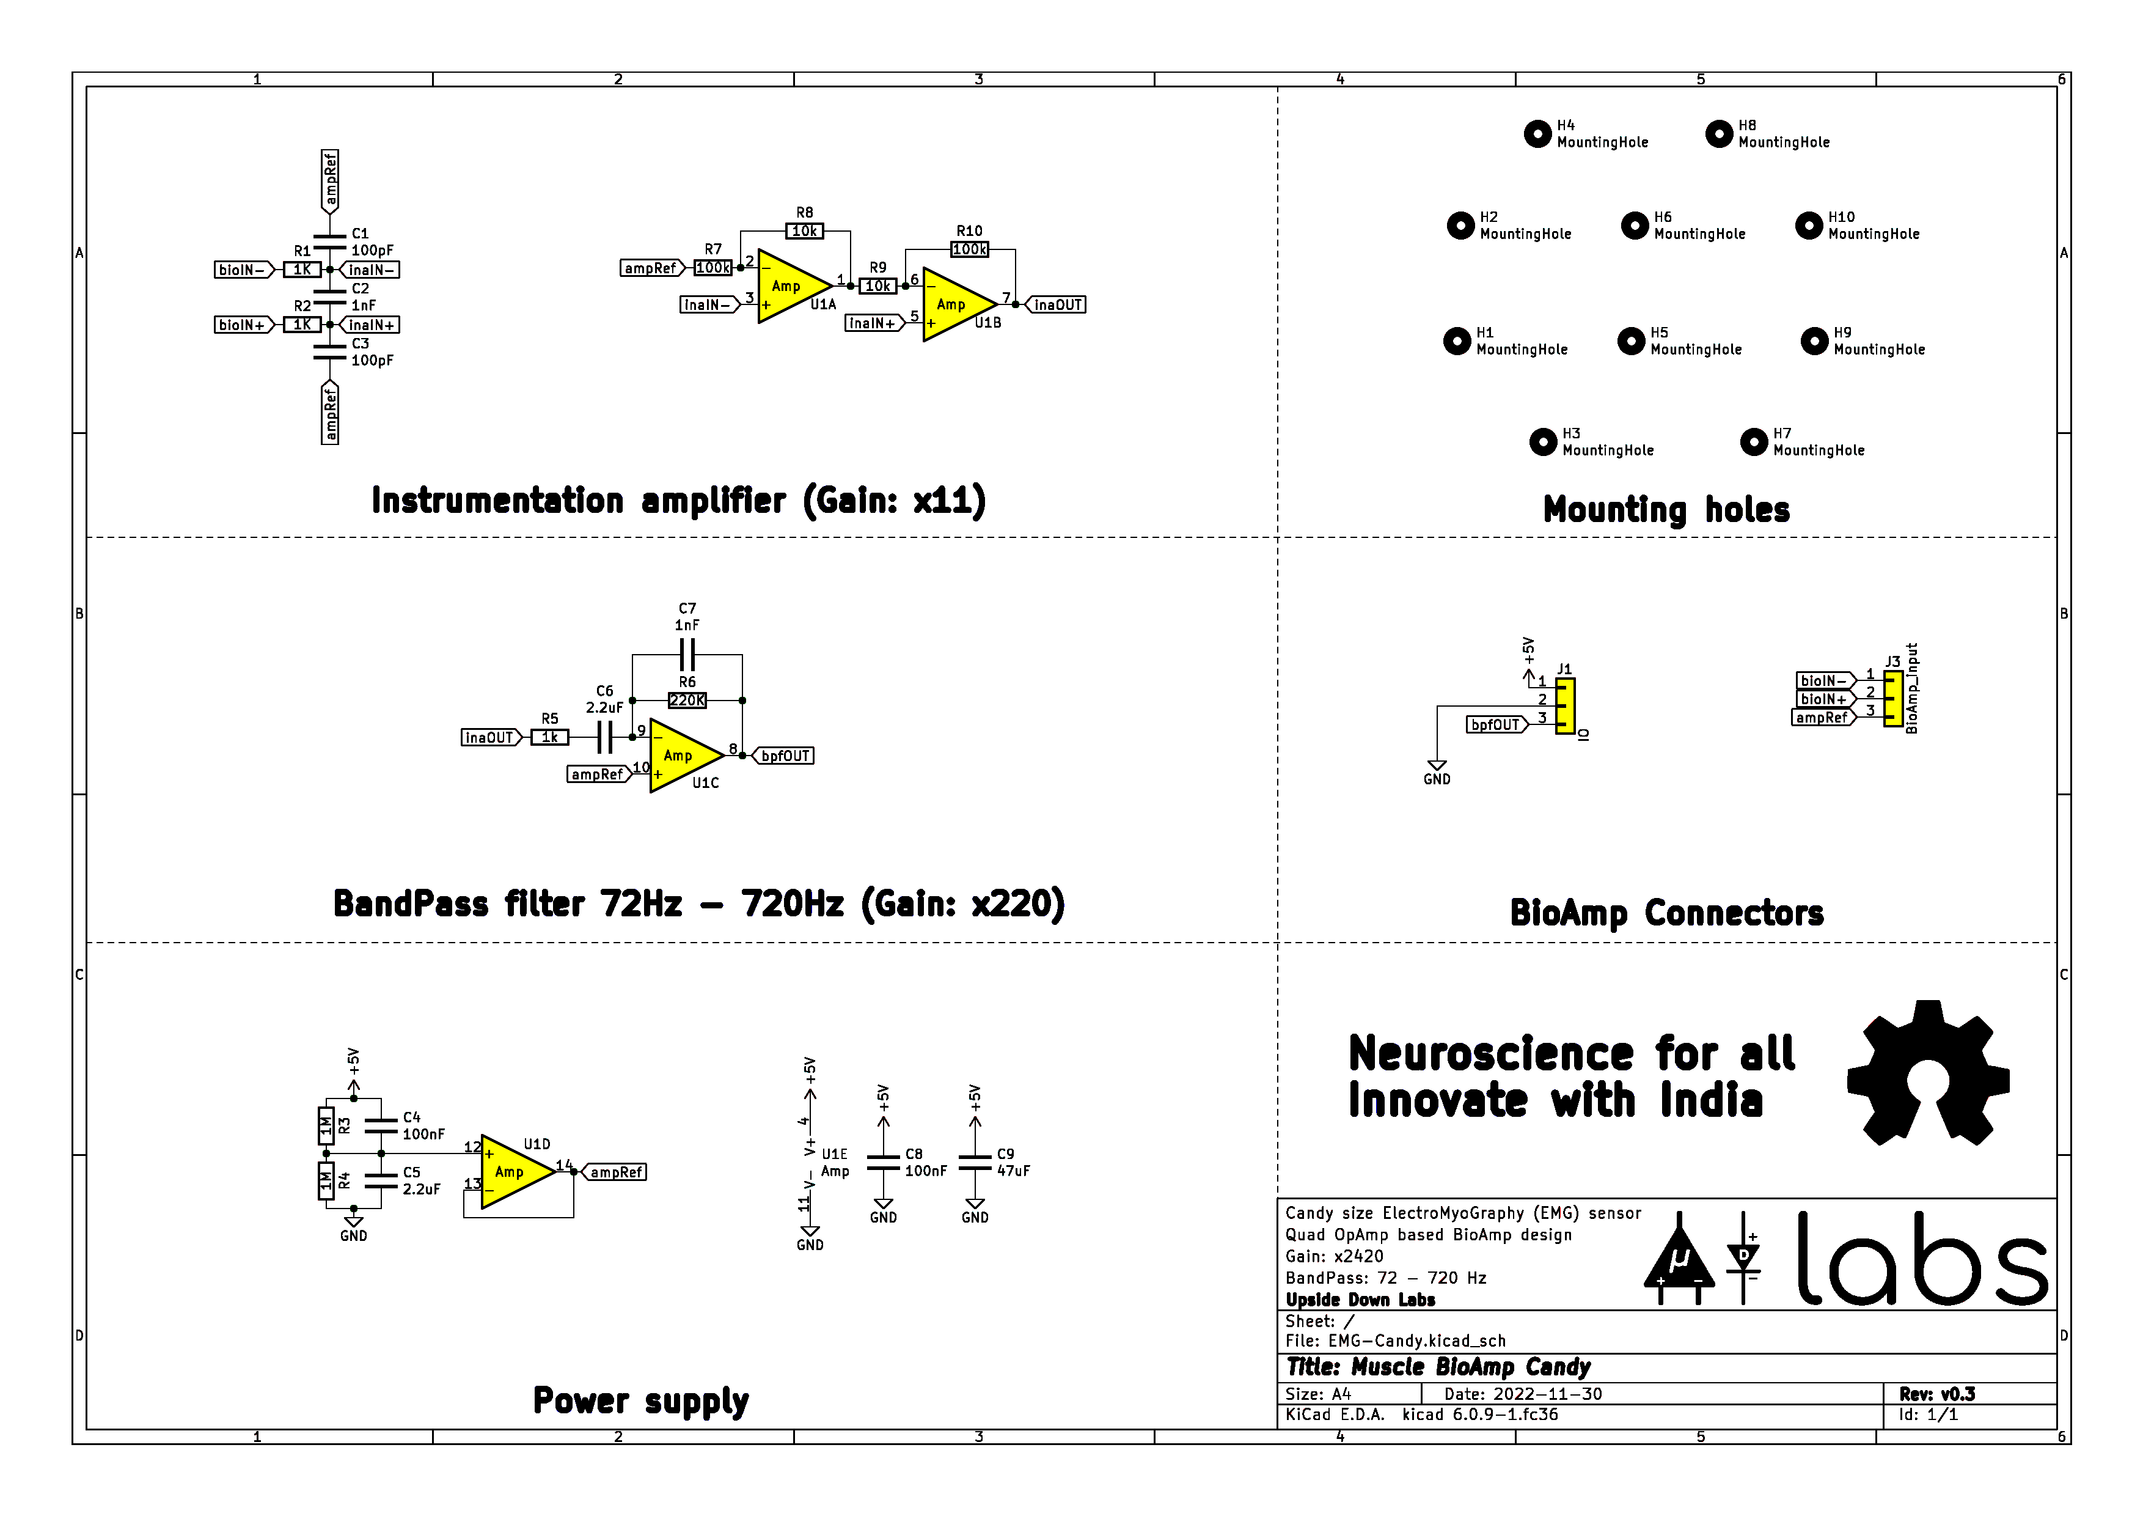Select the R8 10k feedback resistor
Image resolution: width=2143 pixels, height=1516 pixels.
[805, 230]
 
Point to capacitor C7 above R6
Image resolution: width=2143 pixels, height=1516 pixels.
[687, 653]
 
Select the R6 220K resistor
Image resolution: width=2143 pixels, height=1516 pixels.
[687, 700]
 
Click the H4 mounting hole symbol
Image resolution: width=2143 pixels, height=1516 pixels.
[1537, 133]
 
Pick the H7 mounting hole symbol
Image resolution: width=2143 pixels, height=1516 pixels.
[1754, 441]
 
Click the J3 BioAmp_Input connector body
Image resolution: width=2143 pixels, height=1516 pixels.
[1893, 698]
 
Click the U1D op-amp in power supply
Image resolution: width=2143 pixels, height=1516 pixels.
[513, 1172]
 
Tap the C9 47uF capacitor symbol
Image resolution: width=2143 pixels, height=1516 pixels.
[975, 1162]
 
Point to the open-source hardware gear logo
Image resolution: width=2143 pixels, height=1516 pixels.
[1927, 1073]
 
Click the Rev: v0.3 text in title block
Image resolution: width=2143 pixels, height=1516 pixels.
[1936, 1394]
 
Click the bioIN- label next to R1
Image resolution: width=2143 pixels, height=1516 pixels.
[243, 270]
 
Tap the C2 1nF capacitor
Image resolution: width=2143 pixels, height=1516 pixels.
[329, 297]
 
